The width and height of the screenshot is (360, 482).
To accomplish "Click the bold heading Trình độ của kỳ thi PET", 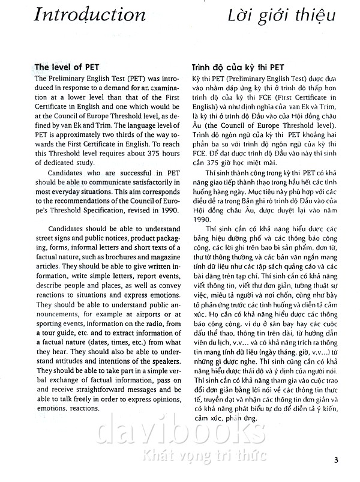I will click(236, 67).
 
